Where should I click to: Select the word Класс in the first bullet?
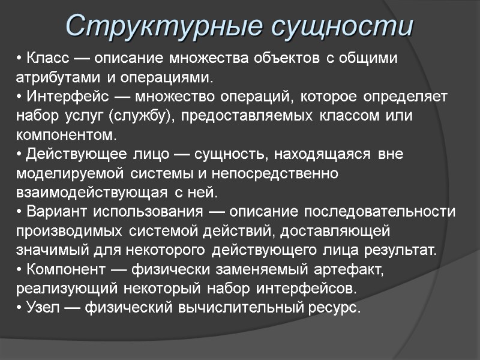(x=46, y=59)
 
